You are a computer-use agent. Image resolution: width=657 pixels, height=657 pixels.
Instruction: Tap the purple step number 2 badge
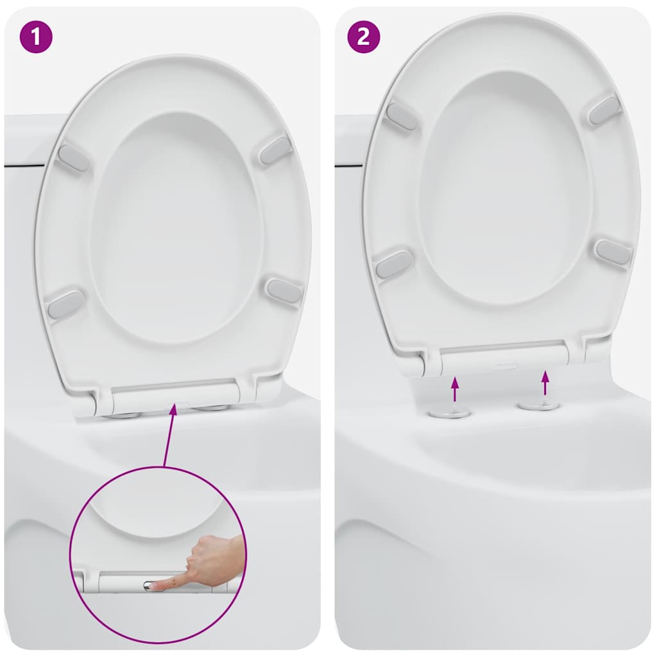(x=363, y=37)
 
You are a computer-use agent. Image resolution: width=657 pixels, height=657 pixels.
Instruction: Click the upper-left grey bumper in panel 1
(x=73, y=158)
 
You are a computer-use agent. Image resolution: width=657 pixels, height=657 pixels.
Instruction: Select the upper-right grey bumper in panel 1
(x=276, y=150)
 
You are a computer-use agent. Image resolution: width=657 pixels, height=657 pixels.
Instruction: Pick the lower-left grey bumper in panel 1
(x=65, y=304)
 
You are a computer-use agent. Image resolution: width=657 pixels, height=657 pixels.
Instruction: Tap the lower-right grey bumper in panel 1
(x=284, y=291)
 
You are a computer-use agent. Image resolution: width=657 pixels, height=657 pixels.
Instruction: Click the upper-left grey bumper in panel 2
(x=402, y=116)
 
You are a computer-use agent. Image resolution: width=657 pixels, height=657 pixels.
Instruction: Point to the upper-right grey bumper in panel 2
(x=605, y=110)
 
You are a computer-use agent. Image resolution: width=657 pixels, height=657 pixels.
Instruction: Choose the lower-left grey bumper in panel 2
(x=394, y=264)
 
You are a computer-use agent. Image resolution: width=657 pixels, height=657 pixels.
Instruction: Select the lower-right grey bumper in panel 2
(x=613, y=252)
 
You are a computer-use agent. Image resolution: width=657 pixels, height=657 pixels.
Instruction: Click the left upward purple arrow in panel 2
(x=455, y=389)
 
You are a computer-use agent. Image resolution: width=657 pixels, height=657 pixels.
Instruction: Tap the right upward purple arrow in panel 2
(x=545, y=382)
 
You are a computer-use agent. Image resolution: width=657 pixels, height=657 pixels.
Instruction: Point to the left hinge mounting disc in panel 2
(x=450, y=412)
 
